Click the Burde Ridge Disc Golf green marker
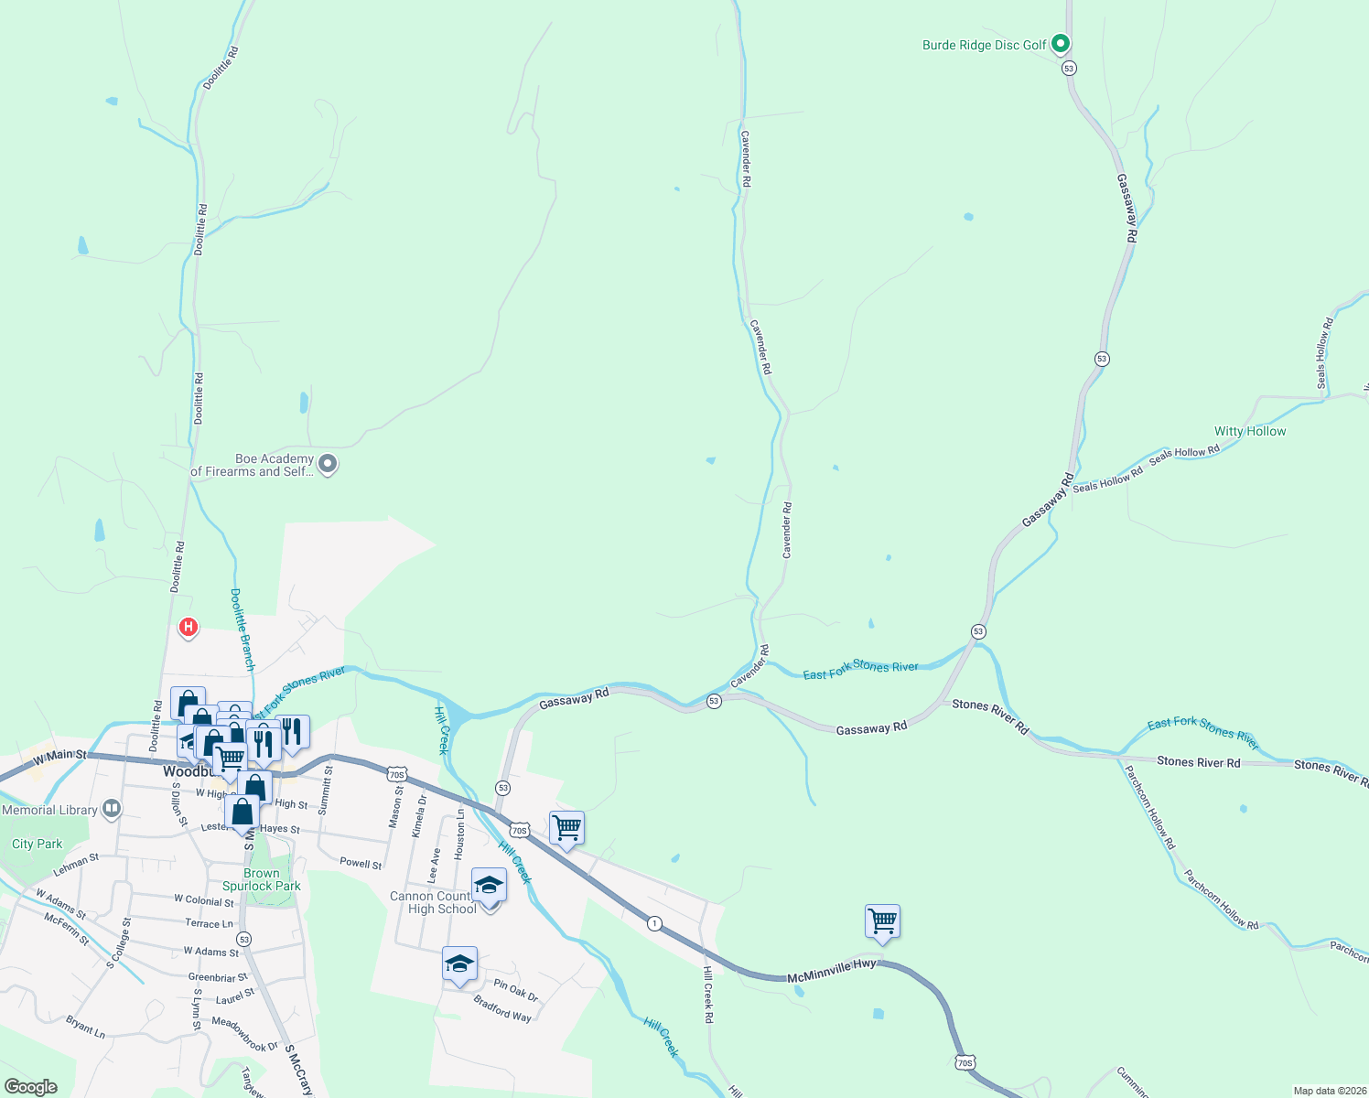click(x=1060, y=43)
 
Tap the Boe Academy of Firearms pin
click(x=328, y=465)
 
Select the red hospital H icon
click(x=188, y=628)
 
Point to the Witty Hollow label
click(x=1250, y=431)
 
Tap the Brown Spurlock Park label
click(x=261, y=879)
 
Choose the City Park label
click(x=38, y=844)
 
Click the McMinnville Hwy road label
click(x=832, y=972)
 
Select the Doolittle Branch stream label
click(x=243, y=630)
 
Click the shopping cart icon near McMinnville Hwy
click(x=882, y=921)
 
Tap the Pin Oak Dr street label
click(x=516, y=990)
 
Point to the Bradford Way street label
click(x=502, y=1009)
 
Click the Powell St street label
click(x=361, y=863)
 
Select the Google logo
click(x=31, y=1086)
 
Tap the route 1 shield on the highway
click(x=654, y=923)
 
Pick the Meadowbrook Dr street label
click(x=244, y=1033)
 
